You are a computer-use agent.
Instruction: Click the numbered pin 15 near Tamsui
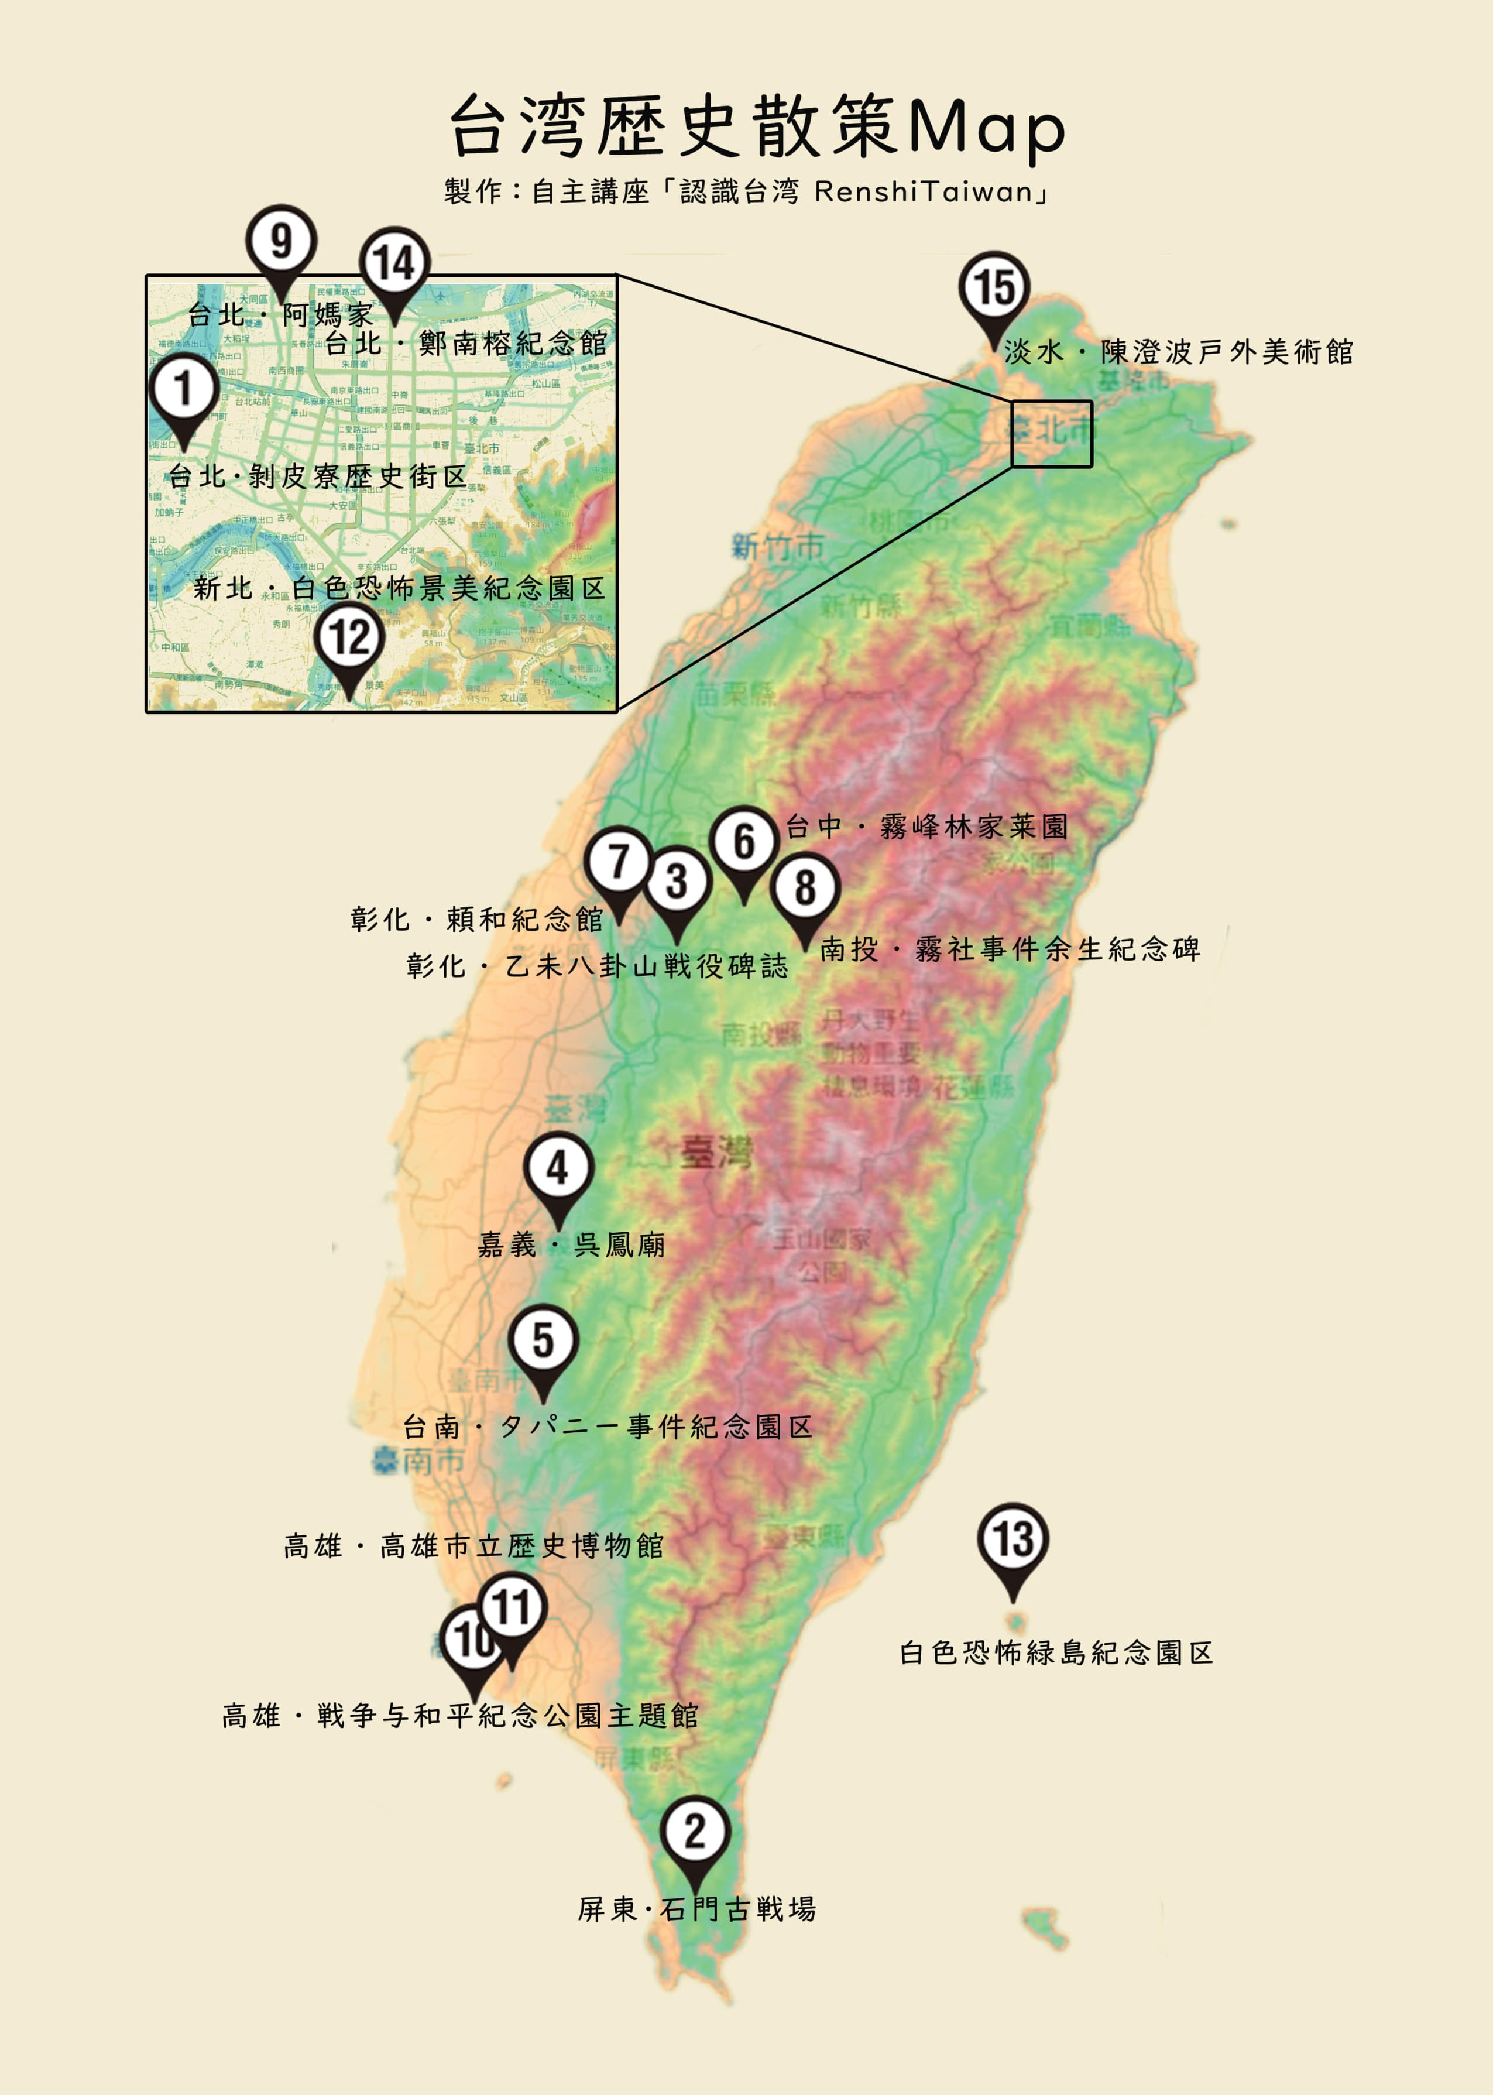coord(994,288)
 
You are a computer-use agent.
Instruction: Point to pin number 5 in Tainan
coord(543,1341)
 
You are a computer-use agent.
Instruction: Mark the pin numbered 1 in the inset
coord(184,389)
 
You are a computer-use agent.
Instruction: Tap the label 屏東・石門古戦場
coord(696,1909)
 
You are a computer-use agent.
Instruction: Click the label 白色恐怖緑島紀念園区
coord(1055,1653)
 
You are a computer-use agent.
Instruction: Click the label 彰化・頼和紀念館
coord(476,919)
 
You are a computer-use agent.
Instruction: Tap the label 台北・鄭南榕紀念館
coord(465,344)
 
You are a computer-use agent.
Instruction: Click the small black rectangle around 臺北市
coord(1052,433)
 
